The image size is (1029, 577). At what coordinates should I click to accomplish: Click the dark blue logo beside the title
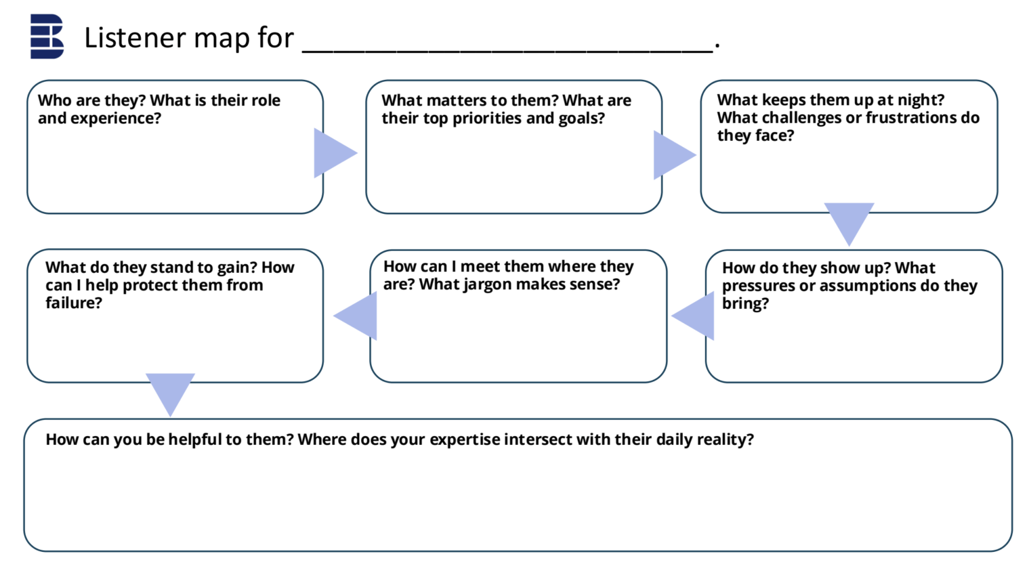(x=47, y=36)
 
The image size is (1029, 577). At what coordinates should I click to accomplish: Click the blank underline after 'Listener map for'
(x=508, y=51)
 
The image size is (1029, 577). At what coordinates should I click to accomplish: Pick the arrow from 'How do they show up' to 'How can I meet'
(x=693, y=316)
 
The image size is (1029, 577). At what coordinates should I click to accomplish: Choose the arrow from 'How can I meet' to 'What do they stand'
(x=355, y=316)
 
